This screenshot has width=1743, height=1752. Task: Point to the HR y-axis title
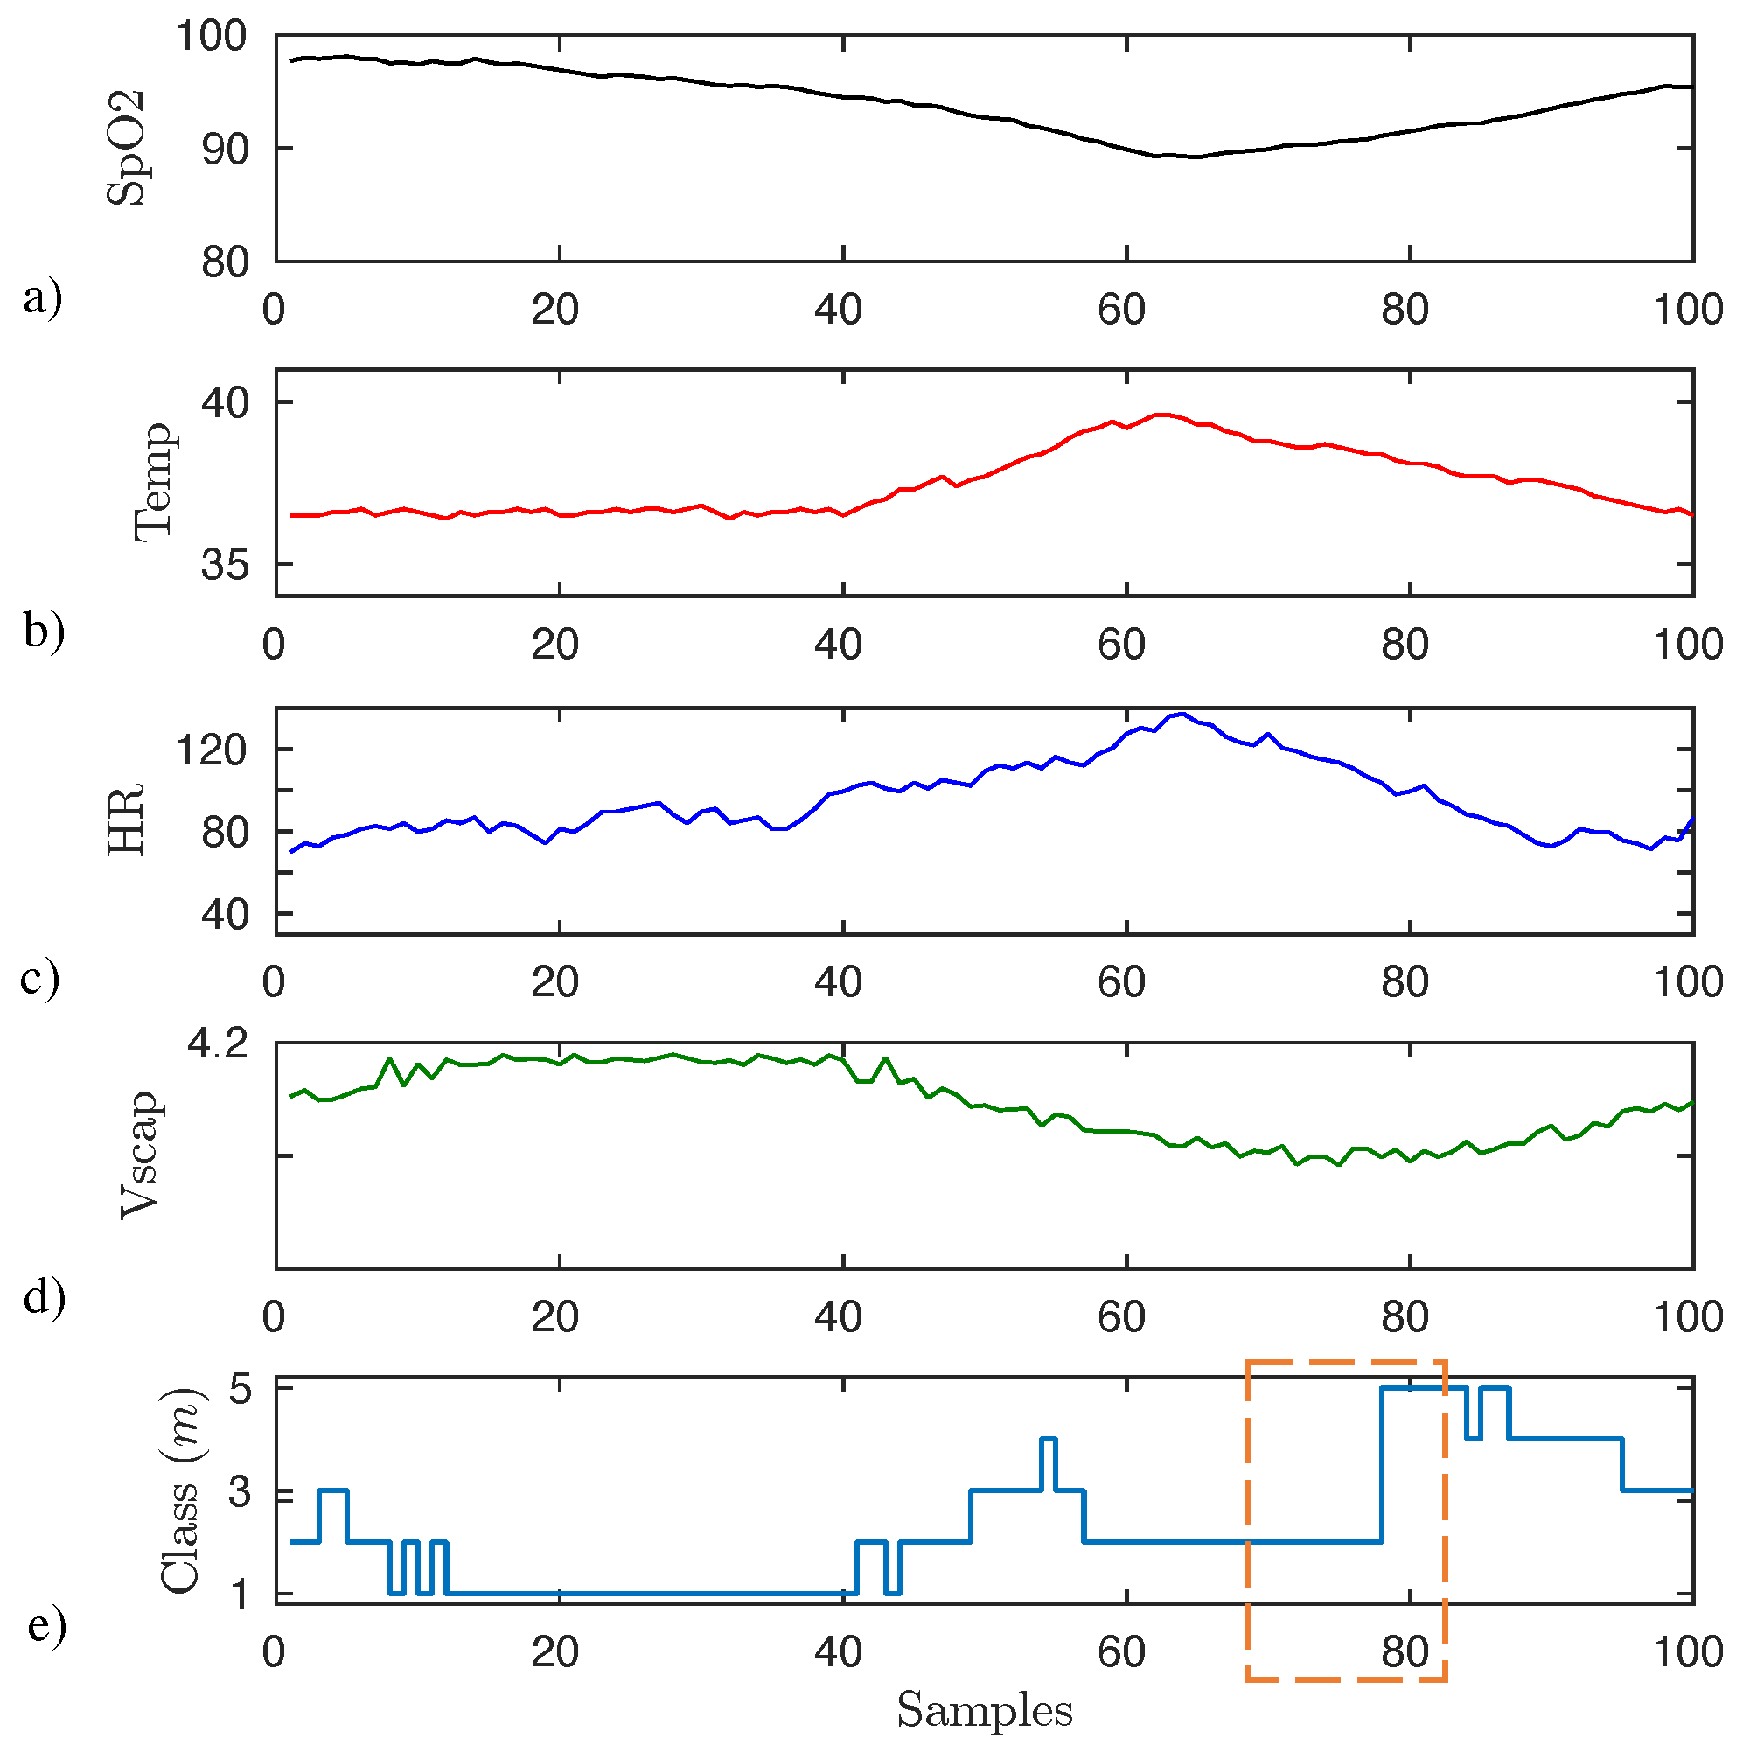[x=126, y=820]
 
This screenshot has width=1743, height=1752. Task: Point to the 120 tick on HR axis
[x=211, y=750]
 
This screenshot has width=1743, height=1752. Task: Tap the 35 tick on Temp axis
[x=224, y=565]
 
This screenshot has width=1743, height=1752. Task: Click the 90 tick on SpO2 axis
[x=224, y=150]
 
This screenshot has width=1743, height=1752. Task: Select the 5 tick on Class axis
[x=240, y=1388]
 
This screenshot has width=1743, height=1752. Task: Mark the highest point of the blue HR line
[x=1182, y=714]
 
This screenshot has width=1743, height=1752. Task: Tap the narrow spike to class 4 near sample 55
[x=1049, y=1439]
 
